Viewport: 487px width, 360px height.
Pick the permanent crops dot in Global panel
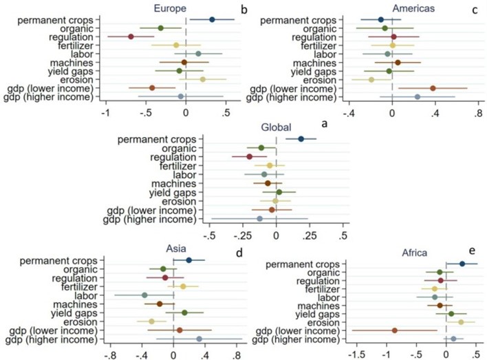(301, 139)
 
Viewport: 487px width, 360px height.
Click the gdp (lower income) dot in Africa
(395, 330)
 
